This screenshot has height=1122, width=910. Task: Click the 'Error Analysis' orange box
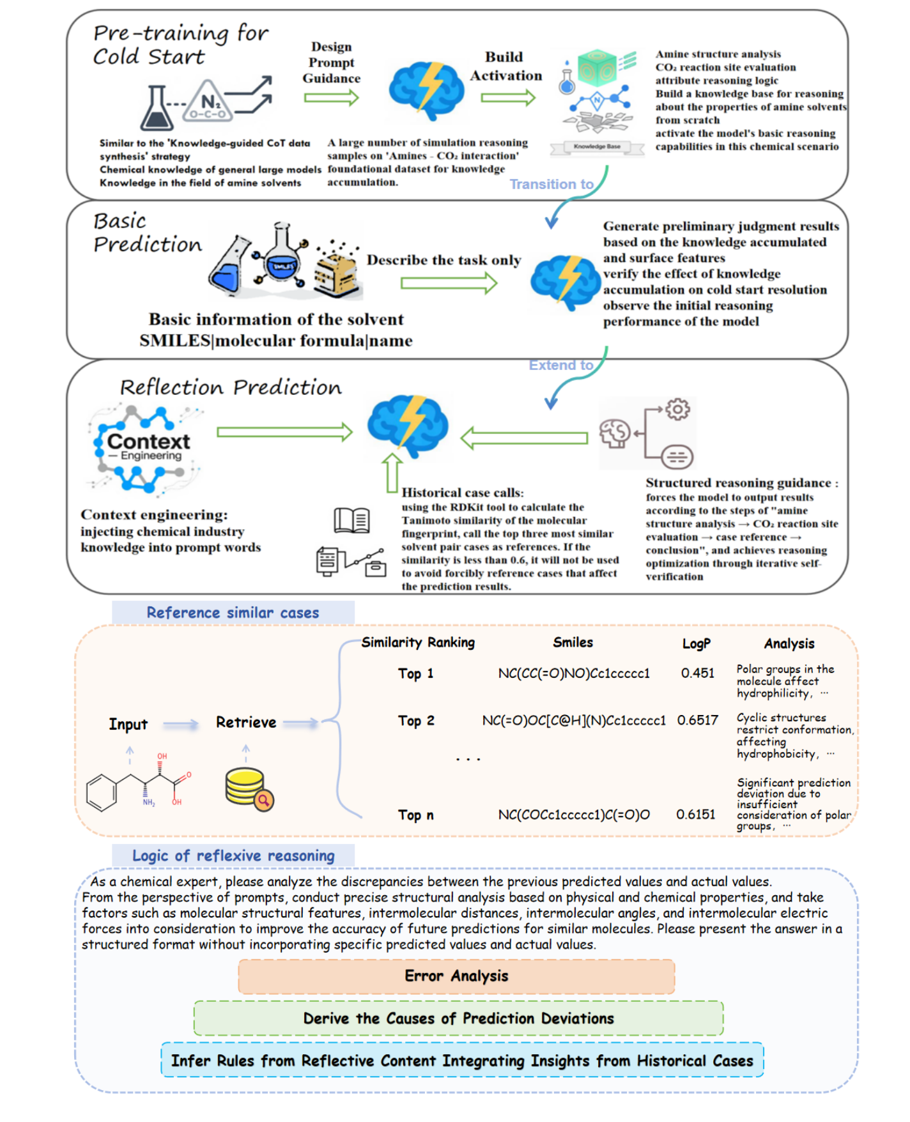coord(456,976)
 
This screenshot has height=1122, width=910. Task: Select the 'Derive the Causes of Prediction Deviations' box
coord(458,1018)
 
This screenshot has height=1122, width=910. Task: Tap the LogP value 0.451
coord(697,673)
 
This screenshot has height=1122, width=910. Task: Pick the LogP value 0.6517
coord(697,720)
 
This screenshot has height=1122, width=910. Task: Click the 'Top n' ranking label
coord(415,815)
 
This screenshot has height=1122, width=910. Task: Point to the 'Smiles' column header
coord(573,642)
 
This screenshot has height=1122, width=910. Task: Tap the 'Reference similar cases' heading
coord(233,612)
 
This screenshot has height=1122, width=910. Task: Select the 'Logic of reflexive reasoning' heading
coord(233,856)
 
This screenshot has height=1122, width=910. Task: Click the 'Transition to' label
coord(551,184)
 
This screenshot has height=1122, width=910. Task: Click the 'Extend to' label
coord(560,365)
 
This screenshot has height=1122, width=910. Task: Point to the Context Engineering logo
coord(146,447)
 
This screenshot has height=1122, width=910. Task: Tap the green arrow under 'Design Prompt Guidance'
coord(331,98)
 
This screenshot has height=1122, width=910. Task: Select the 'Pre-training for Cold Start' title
coord(180,44)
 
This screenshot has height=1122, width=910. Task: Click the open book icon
coord(351,520)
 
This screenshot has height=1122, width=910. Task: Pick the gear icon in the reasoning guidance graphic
coord(677,409)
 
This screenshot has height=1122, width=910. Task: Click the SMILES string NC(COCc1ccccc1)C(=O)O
coord(573,815)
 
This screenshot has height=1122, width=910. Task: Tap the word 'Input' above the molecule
coord(128,724)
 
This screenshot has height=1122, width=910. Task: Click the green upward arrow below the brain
coord(392,473)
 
